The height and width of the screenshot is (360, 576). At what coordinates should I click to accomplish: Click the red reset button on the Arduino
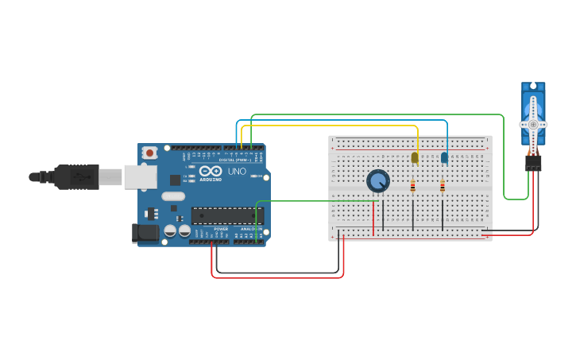(x=149, y=152)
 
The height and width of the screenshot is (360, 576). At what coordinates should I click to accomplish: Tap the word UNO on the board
(x=237, y=172)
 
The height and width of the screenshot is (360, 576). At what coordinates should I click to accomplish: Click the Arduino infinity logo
(x=211, y=172)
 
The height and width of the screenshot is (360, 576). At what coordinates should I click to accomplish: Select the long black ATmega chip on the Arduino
(x=226, y=215)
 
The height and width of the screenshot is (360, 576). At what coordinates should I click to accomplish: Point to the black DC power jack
(x=144, y=233)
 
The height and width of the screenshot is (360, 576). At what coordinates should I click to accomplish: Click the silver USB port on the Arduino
(x=141, y=176)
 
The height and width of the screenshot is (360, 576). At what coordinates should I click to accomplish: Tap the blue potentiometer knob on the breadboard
(x=378, y=181)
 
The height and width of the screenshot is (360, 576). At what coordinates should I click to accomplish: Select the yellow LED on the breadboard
(x=415, y=157)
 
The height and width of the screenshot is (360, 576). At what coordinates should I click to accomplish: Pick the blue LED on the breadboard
(x=444, y=157)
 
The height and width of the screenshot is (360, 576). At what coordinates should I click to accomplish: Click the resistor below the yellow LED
(x=413, y=187)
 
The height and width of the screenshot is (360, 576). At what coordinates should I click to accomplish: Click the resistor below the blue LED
(x=443, y=187)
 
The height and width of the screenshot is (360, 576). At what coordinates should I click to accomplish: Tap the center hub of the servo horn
(x=533, y=125)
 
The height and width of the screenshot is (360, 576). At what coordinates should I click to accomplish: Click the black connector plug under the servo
(x=533, y=162)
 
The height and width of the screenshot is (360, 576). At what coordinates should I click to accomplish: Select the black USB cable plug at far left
(x=75, y=176)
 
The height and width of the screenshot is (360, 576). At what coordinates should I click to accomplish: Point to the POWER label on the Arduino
(x=221, y=229)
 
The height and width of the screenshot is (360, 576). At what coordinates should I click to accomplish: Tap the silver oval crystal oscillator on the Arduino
(x=172, y=196)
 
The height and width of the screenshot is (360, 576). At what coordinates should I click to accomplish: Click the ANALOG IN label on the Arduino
(x=250, y=229)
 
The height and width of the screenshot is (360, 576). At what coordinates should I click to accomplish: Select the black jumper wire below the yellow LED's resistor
(x=413, y=215)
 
